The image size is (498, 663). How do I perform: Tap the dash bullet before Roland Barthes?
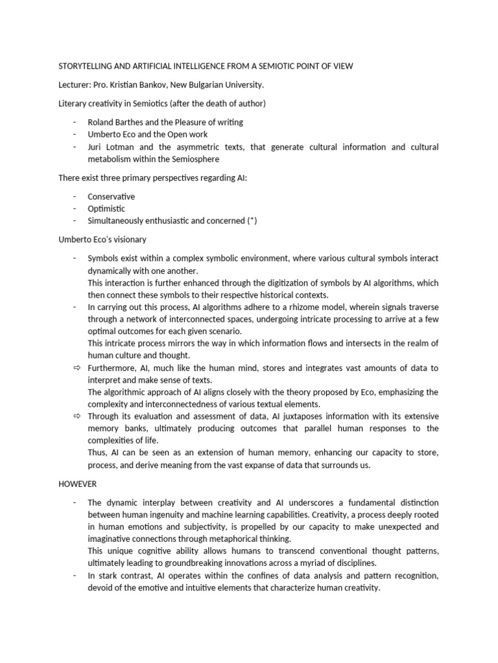point(75,122)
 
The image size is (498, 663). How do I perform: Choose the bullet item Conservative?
point(112,196)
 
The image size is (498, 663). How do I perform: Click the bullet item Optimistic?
point(107,208)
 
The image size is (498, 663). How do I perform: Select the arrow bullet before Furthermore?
point(75,368)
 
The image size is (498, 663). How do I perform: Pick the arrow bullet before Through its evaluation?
point(75,416)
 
